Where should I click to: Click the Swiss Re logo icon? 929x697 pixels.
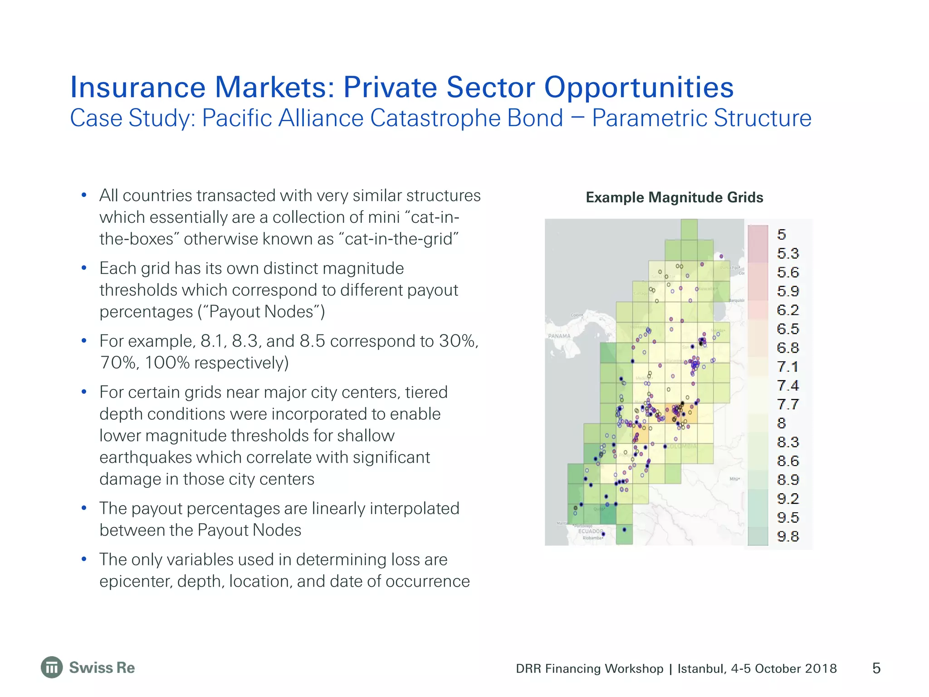coord(52,668)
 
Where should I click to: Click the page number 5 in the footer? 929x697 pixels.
coord(876,668)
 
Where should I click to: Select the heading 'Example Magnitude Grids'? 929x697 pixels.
coord(674,197)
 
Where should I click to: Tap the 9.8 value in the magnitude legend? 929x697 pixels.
coord(788,536)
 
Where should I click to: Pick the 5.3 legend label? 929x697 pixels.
coord(788,253)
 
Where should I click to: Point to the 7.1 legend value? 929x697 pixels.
coord(788,367)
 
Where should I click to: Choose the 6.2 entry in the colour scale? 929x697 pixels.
coord(788,310)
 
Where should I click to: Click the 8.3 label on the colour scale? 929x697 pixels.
coord(788,442)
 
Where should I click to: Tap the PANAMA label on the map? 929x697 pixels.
coord(559,336)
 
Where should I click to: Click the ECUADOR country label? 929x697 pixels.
coord(591,531)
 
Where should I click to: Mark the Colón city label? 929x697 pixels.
coord(577,315)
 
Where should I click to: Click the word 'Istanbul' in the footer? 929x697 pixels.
coord(702,668)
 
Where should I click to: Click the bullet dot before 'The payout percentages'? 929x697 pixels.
coord(84,508)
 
